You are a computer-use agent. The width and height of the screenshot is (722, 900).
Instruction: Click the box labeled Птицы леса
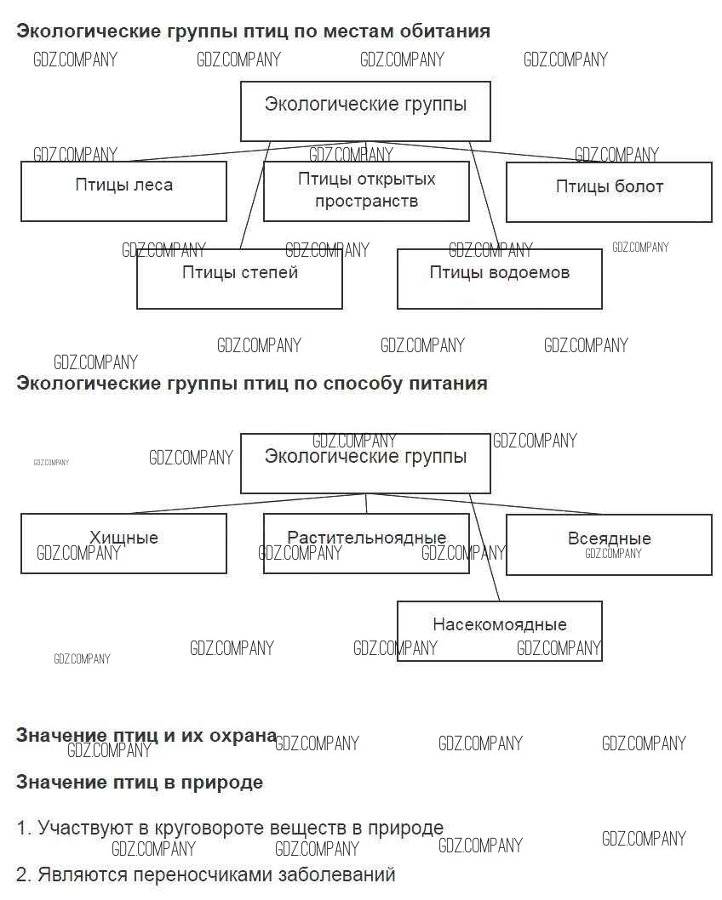[123, 191]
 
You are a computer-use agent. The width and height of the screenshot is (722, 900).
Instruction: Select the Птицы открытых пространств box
[366, 191]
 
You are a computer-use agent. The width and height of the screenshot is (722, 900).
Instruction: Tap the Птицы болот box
[609, 191]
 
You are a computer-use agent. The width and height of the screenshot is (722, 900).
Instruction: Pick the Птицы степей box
[239, 279]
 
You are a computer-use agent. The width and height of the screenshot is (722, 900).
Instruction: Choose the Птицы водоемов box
[499, 279]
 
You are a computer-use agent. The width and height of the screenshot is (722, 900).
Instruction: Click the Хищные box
[123, 544]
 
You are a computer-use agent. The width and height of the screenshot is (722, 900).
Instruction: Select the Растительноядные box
[366, 544]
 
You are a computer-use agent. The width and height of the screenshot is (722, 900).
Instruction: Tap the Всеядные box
[609, 544]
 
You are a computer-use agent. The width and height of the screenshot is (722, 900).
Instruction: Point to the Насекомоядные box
[499, 631]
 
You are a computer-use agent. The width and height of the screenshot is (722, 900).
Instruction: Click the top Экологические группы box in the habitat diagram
[365, 111]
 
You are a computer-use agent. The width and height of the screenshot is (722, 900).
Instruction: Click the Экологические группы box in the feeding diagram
[365, 463]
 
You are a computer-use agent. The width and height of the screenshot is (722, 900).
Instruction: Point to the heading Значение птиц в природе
[140, 782]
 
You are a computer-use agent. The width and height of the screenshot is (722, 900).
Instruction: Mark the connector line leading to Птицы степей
[255, 195]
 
